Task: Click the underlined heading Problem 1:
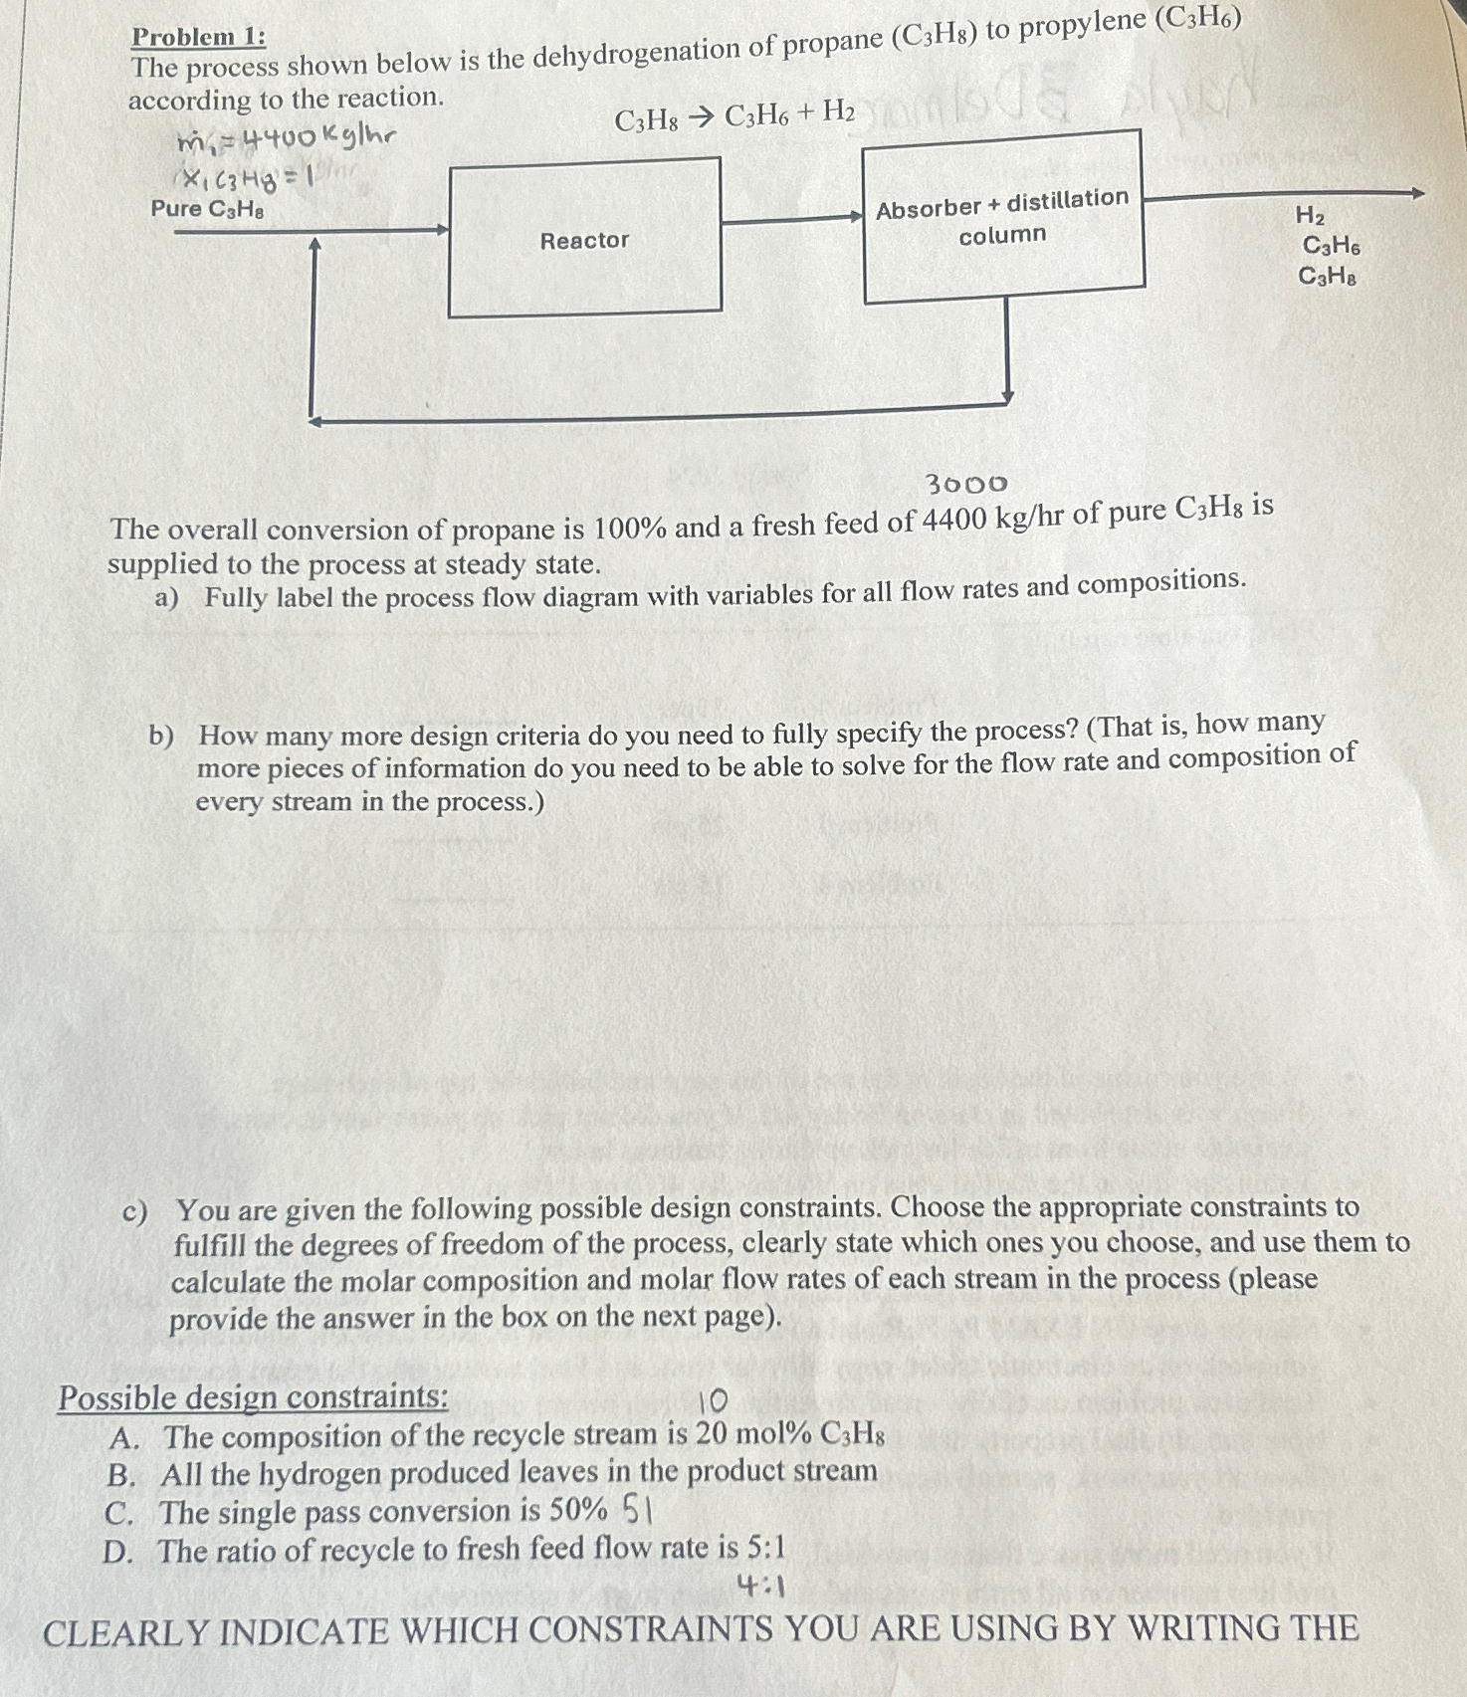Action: pos(199,37)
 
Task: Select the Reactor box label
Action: pos(584,240)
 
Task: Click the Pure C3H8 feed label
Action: pos(208,209)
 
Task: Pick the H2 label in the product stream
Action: pos(1310,215)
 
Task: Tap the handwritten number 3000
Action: pos(966,485)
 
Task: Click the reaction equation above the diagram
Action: pos(734,117)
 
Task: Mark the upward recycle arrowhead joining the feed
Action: pos(314,244)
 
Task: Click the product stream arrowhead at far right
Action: pos(1417,193)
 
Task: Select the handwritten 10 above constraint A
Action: pos(713,1401)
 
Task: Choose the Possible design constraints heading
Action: pos(253,1397)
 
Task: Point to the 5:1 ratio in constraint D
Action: pos(766,1548)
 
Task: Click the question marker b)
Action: pos(161,737)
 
